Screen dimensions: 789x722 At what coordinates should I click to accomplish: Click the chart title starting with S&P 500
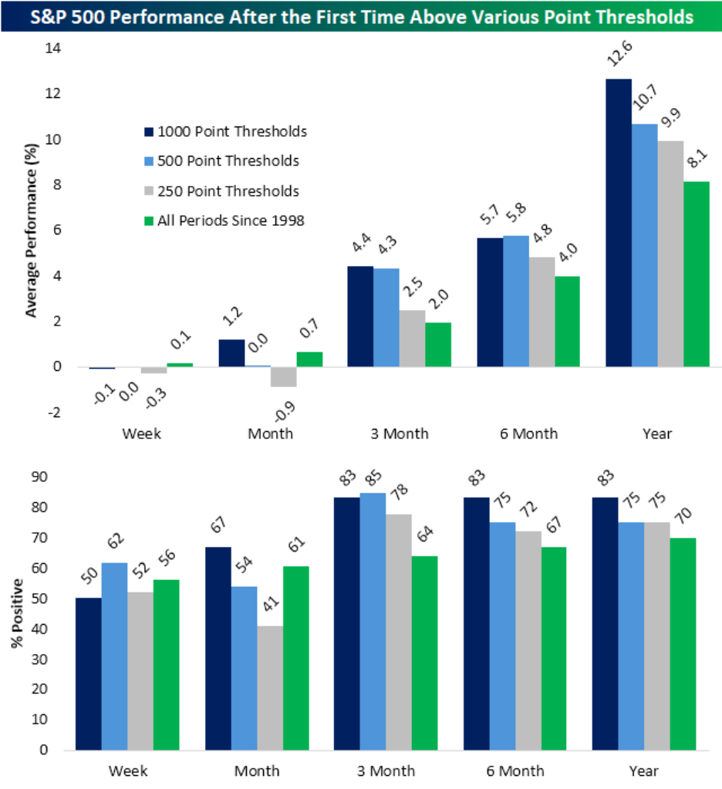[x=361, y=16]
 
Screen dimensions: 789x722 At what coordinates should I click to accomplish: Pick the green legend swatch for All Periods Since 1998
[x=149, y=221]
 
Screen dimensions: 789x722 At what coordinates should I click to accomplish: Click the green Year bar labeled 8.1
[x=696, y=274]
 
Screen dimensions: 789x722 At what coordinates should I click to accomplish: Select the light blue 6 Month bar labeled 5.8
[x=516, y=301]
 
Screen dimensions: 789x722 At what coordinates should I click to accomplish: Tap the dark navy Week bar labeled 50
[x=89, y=671]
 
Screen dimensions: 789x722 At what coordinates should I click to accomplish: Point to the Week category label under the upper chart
[x=141, y=433]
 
